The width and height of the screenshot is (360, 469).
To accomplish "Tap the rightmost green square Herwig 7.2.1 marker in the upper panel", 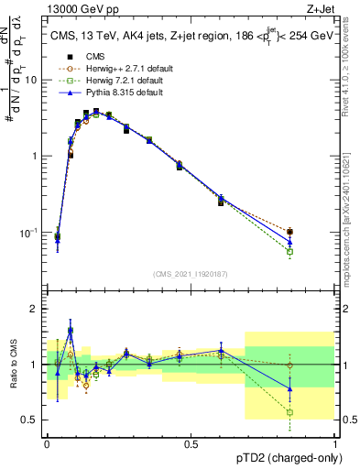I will (x=289, y=251).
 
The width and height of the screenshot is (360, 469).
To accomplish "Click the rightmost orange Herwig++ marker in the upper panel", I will (x=289, y=232).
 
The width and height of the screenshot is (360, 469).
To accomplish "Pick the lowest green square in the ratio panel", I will (x=289, y=412).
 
